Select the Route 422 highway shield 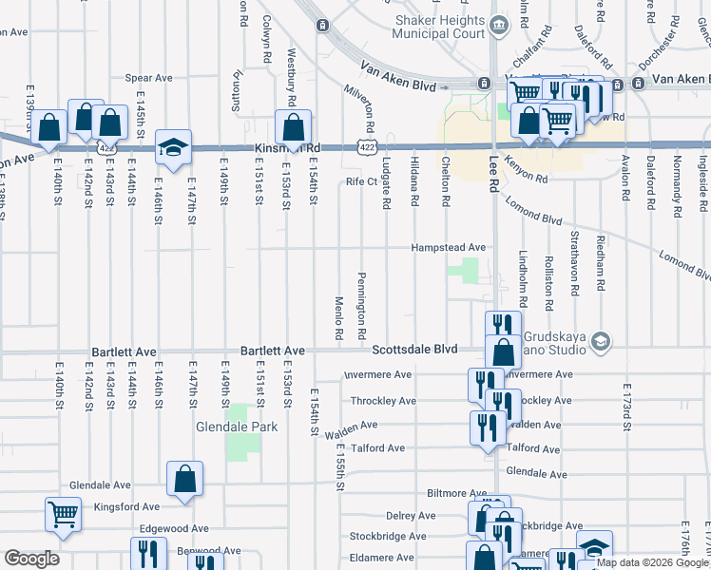[365, 147]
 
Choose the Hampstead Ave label [448, 247]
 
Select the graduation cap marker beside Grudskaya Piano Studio [600, 340]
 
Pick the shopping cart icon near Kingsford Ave [63, 514]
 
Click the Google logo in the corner [32, 559]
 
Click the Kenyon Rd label [527, 171]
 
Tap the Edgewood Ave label [175, 528]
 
